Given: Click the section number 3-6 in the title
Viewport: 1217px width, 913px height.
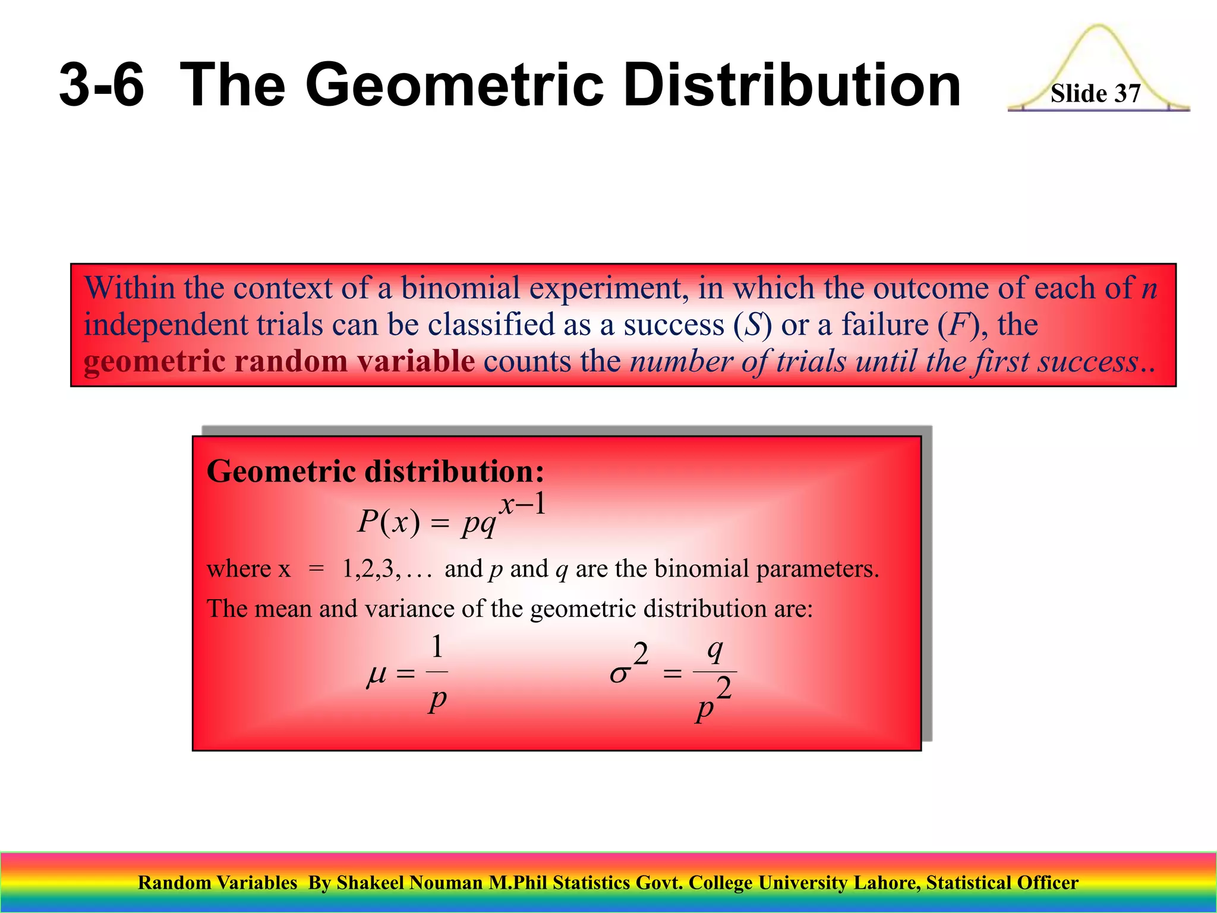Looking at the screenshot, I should click(x=102, y=85).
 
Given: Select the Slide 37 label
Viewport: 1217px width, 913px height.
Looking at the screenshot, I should click(x=1095, y=94).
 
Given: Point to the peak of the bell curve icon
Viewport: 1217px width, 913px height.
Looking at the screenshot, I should click(x=1098, y=27).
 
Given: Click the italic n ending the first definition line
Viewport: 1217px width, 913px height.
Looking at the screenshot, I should click(x=1149, y=289).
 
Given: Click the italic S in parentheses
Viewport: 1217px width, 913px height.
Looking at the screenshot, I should click(x=753, y=325).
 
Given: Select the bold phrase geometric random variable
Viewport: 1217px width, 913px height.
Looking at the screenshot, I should click(x=279, y=361).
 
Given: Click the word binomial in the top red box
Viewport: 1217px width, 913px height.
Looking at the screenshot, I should click(x=461, y=289).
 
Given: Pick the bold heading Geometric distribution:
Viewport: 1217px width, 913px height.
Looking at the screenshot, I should click(x=375, y=471).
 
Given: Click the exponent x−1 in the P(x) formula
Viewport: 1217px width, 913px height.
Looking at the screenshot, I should click(x=522, y=505).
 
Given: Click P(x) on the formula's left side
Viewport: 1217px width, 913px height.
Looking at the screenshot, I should click(x=389, y=522).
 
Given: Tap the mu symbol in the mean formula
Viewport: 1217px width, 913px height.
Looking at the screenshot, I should click(x=377, y=675).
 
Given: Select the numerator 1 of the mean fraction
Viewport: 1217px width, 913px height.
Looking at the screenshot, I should click(x=437, y=647).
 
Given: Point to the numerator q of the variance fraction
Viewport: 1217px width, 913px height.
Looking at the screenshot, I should click(x=715, y=650).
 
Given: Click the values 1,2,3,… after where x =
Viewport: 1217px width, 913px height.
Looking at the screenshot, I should click(x=386, y=569).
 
